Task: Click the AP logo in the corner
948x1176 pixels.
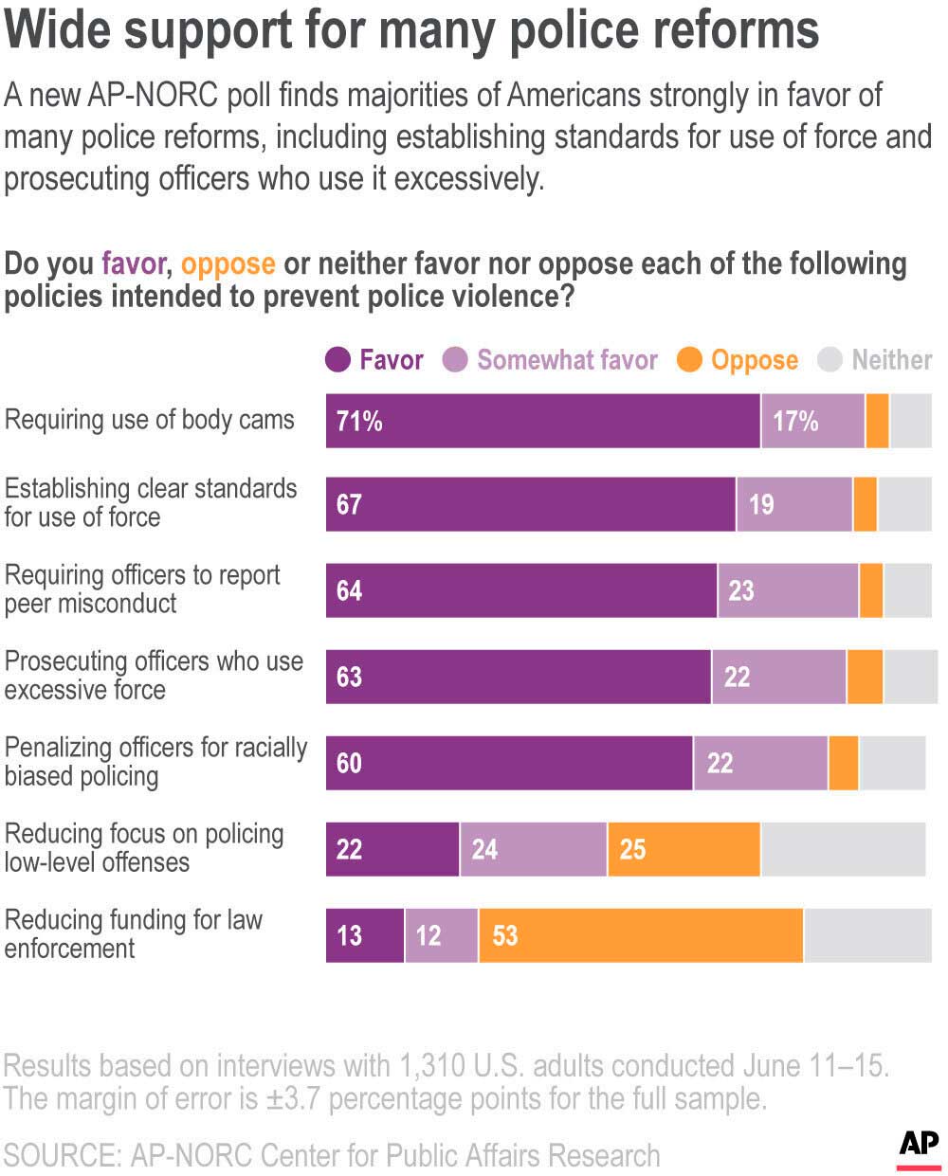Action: click(919, 1147)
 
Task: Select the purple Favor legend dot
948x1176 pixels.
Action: click(338, 360)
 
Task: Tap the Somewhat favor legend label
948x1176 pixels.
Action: click(567, 360)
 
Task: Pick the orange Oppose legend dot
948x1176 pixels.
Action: click(690, 360)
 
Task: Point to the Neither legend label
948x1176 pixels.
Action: click(891, 360)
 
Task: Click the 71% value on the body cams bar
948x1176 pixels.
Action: click(359, 421)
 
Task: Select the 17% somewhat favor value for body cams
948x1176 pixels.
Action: click(795, 421)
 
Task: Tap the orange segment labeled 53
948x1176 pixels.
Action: click(641, 936)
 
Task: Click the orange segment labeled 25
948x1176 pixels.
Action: click(684, 849)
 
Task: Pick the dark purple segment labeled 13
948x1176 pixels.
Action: click(365, 936)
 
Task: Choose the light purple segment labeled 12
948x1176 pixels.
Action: click(441, 936)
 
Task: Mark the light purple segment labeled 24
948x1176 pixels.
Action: click(534, 849)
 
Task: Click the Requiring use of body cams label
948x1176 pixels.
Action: click(150, 420)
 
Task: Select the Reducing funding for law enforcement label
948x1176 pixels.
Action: click(133, 934)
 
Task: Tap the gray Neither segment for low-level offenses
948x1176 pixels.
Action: click(843, 849)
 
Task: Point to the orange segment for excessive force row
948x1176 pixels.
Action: click(865, 677)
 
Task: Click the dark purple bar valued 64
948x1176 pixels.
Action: click(521, 590)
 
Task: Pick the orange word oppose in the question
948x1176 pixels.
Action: click(228, 263)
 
